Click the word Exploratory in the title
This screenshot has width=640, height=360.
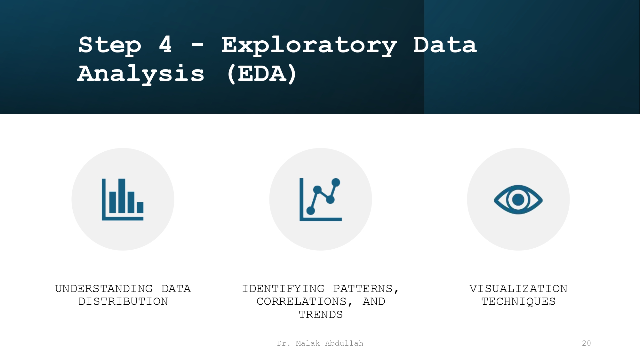click(x=309, y=46)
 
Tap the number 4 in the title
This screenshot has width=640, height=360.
click(x=165, y=44)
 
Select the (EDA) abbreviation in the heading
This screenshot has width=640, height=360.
click(x=262, y=74)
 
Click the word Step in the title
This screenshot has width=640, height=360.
click(x=110, y=45)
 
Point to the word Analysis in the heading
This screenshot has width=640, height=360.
click(x=141, y=74)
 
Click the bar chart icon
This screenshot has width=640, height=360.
click(x=123, y=199)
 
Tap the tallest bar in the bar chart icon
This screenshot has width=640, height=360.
click(x=122, y=196)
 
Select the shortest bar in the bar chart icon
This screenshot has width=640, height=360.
click(x=140, y=207)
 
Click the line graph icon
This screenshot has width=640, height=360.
click(x=321, y=199)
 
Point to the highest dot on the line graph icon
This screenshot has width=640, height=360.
click(x=336, y=182)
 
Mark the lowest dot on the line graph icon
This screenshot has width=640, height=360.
click(x=311, y=211)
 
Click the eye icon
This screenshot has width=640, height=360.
click(x=518, y=199)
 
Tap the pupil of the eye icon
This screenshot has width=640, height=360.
click(x=518, y=200)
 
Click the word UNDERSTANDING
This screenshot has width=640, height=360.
click(x=104, y=289)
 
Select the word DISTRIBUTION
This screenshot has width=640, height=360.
click(x=123, y=301)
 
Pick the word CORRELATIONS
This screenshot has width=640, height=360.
click(x=301, y=301)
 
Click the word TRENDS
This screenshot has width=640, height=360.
click(x=321, y=315)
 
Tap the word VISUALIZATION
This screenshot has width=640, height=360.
click(x=518, y=289)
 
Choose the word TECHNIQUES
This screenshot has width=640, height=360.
click(x=518, y=301)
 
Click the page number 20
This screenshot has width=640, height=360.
click(x=586, y=343)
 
